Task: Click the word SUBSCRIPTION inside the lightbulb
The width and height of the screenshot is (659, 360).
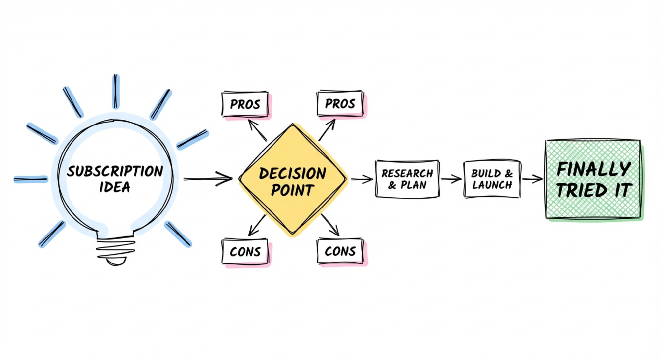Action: tap(115, 171)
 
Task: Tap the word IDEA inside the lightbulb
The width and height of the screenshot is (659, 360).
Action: tap(115, 187)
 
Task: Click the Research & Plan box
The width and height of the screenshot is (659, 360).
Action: tap(407, 179)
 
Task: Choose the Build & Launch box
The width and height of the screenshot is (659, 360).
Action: tap(492, 179)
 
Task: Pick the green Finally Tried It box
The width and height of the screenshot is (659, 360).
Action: tap(593, 180)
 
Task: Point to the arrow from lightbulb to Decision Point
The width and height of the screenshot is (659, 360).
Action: tap(208, 179)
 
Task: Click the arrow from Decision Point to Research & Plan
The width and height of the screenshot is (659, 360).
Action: tap(361, 179)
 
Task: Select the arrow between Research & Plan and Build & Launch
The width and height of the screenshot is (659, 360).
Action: tap(451, 179)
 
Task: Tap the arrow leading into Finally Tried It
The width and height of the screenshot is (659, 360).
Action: tap(532, 179)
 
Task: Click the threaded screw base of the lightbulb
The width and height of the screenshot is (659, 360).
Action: tap(115, 250)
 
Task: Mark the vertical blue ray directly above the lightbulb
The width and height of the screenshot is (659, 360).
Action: tap(116, 92)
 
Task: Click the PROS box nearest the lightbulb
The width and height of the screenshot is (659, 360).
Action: tap(245, 104)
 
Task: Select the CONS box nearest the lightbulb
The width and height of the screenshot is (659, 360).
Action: tap(245, 252)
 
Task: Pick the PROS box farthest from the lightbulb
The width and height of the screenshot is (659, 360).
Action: tap(340, 104)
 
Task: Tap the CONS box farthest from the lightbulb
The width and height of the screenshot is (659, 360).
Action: tap(340, 251)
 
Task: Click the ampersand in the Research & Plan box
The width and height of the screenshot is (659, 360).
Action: tap(392, 185)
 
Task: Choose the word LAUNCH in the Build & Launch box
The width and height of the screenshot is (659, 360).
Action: tap(492, 185)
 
